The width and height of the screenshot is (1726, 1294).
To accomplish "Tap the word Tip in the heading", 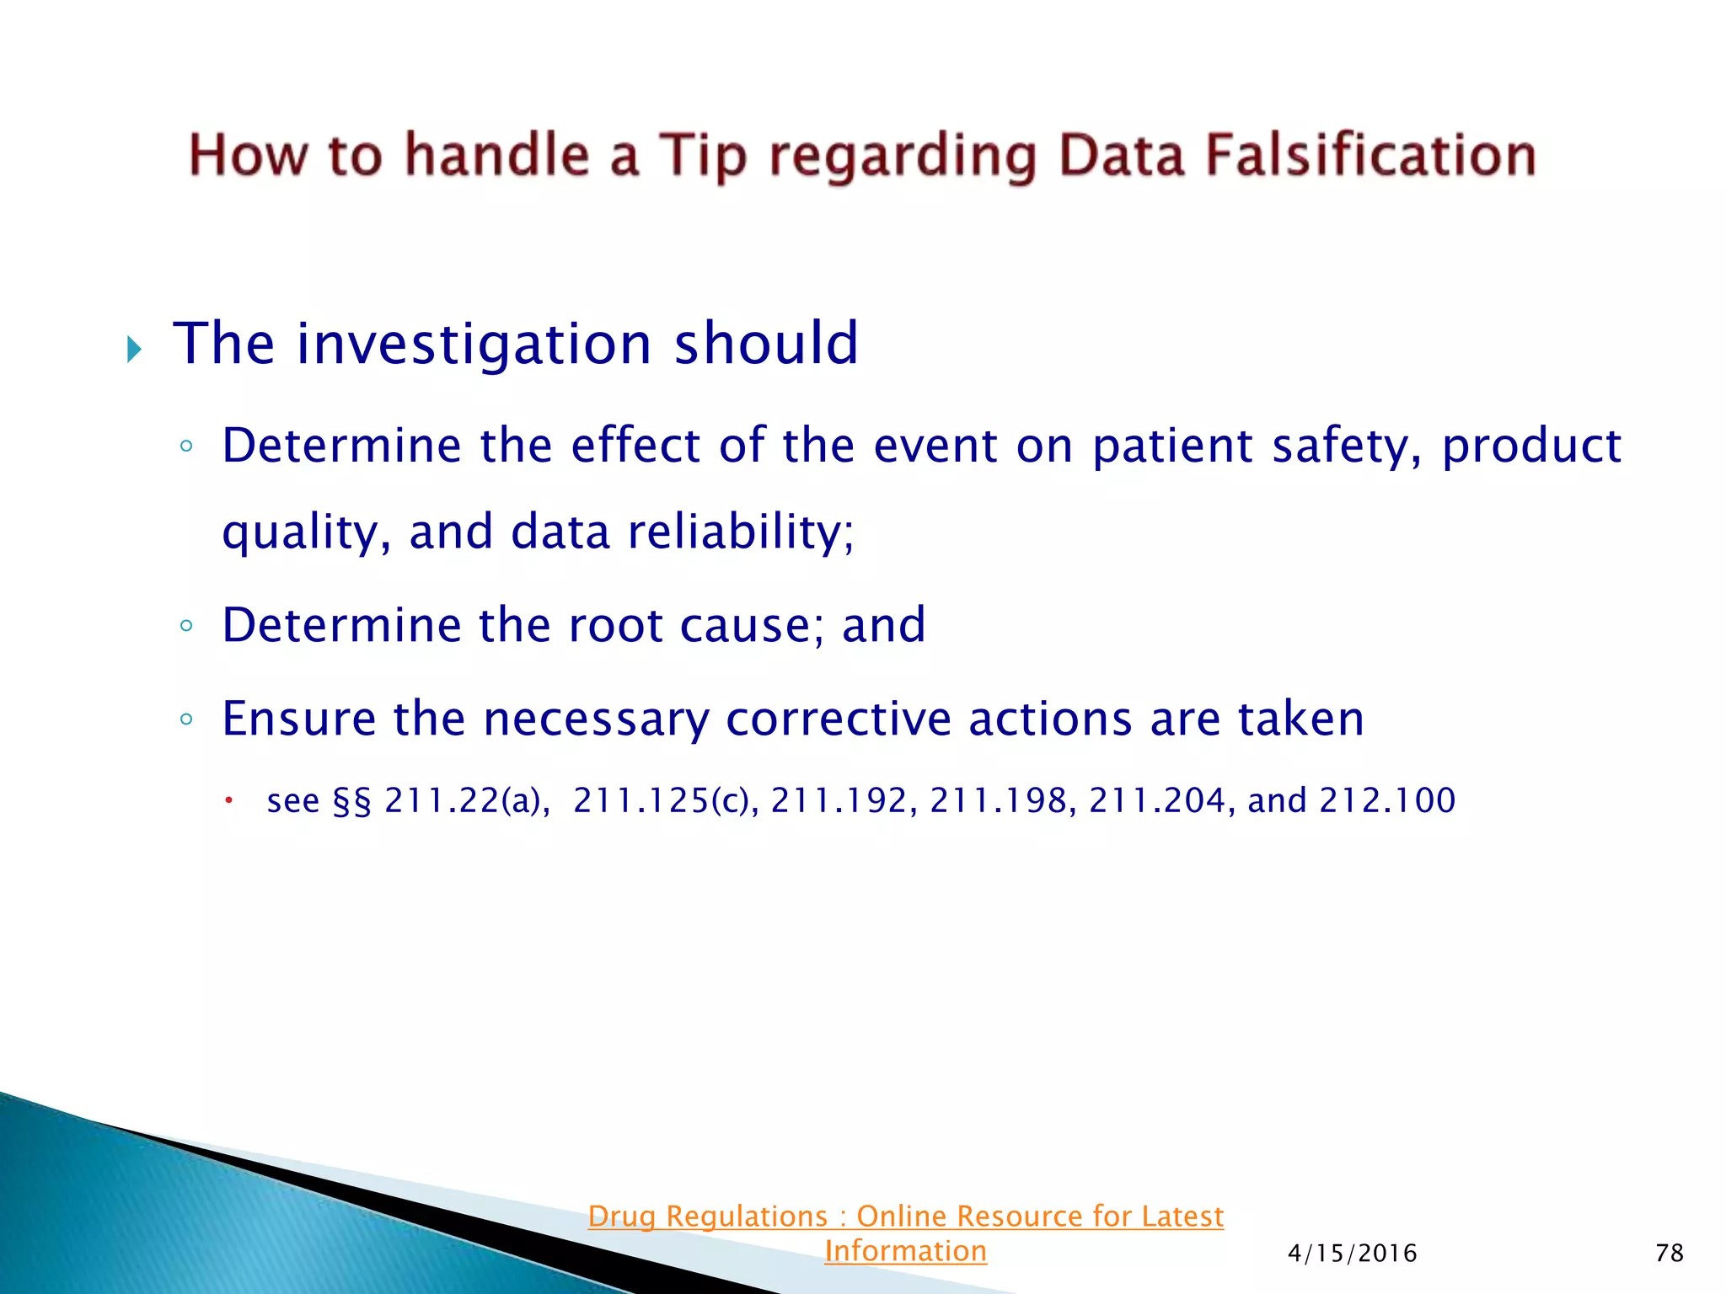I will pyautogui.click(x=701, y=156).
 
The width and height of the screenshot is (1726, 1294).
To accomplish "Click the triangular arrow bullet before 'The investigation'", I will pyautogui.click(x=134, y=349).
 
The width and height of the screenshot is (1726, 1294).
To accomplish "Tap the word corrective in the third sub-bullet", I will pyautogui.click(x=837, y=719).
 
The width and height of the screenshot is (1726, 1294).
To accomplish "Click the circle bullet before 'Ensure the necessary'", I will pyautogui.click(x=186, y=719).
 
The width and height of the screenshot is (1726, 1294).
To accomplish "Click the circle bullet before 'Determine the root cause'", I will pyautogui.click(x=186, y=626).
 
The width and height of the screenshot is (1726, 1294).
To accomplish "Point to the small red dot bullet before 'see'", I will pyautogui.click(x=228, y=800).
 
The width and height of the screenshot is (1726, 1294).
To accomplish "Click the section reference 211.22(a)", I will pyautogui.click(x=466, y=800).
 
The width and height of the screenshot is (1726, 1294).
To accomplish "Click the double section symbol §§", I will pyautogui.click(x=352, y=801).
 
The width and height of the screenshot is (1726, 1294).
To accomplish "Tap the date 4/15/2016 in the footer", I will pyautogui.click(x=1352, y=1254).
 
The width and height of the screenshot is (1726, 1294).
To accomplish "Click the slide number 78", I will pyautogui.click(x=1669, y=1254).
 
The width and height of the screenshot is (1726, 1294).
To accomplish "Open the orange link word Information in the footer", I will pyautogui.click(x=905, y=1251).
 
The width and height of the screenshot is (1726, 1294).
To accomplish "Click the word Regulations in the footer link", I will pyautogui.click(x=747, y=1216).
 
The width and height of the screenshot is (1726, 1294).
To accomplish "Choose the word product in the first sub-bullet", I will pyautogui.click(x=1530, y=446).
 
